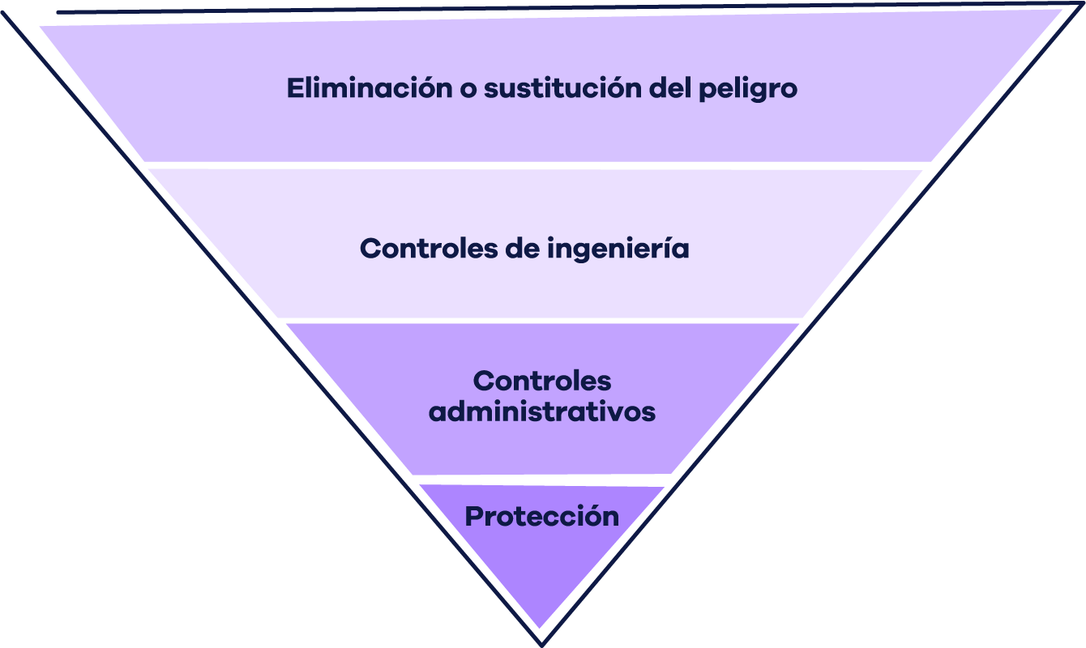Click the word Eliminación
click(x=370, y=87)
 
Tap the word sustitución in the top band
click(x=563, y=87)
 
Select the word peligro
click(x=748, y=89)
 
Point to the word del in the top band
click(x=670, y=87)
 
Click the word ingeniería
click(x=618, y=249)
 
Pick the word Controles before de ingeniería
click(x=429, y=248)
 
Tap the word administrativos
click(x=542, y=411)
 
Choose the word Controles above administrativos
click(x=542, y=381)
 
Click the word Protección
click(x=542, y=516)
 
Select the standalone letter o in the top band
click(x=468, y=90)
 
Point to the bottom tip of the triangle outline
click(x=542, y=645)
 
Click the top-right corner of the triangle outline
click(x=1082, y=4)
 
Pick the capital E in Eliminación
click(x=295, y=88)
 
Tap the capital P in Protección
click(x=475, y=516)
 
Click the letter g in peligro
click(x=757, y=92)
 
